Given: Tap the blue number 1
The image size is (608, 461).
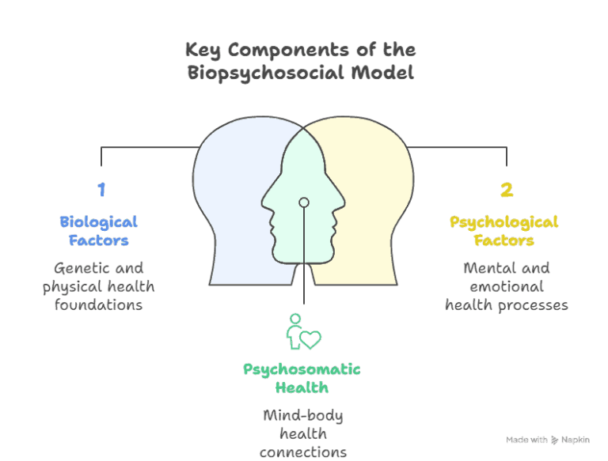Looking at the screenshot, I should pyautogui.click(x=101, y=190).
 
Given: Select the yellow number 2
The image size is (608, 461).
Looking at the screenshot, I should pyautogui.click(x=506, y=190).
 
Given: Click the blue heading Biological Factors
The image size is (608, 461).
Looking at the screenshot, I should pyautogui.click(x=98, y=231).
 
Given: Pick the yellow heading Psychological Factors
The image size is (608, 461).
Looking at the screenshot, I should pyautogui.click(x=504, y=231).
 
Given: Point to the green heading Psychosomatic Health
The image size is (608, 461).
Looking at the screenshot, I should pyautogui.click(x=302, y=378).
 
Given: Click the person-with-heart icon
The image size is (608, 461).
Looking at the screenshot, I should pyautogui.click(x=303, y=332).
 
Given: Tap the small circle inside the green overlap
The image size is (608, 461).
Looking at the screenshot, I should pyautogui.click(x=303, y=202).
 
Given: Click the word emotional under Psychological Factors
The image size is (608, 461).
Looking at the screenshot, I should pyautogui.click(x=507, y=286).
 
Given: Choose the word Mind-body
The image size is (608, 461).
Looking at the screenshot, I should pyautogui.click(x=302, y=415).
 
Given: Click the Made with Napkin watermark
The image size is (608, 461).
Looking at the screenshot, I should pyautogui.click(x=548, y=439).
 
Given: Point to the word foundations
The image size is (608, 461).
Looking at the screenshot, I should pyautogui.click(x=98, y=304).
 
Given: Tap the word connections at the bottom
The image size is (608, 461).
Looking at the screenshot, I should pyautogui.click(x=302, y=452).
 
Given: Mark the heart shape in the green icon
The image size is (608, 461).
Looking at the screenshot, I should pyautogui.click(x=310, y=339).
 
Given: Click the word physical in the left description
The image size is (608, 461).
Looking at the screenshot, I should pyautogui.click(x=73, y=286).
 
